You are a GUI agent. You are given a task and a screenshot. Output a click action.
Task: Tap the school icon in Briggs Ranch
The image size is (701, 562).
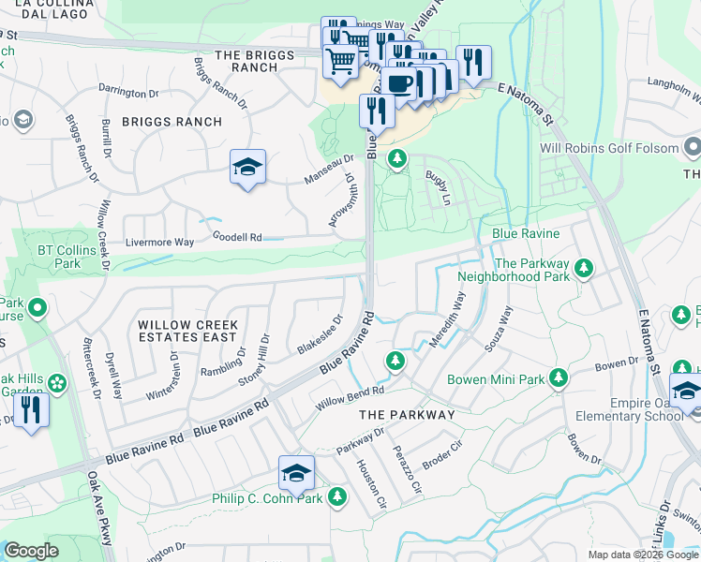247,168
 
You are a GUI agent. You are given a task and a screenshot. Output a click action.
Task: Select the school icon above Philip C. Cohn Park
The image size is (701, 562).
296,474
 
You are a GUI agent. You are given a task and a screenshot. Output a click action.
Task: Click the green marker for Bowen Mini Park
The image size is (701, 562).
559,377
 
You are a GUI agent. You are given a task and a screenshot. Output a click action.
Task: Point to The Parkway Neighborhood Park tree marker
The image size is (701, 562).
584,270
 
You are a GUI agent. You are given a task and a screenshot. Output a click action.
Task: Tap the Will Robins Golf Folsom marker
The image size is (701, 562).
693,147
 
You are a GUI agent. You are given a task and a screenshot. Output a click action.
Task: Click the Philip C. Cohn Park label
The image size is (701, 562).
267,498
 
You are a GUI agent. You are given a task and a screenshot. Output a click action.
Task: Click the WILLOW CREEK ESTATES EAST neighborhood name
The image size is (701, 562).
187,331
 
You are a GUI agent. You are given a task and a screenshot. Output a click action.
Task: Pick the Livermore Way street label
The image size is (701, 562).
159,243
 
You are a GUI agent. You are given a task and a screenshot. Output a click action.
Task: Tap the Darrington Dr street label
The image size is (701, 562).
129,93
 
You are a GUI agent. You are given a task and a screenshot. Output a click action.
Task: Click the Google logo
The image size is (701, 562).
31,551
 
